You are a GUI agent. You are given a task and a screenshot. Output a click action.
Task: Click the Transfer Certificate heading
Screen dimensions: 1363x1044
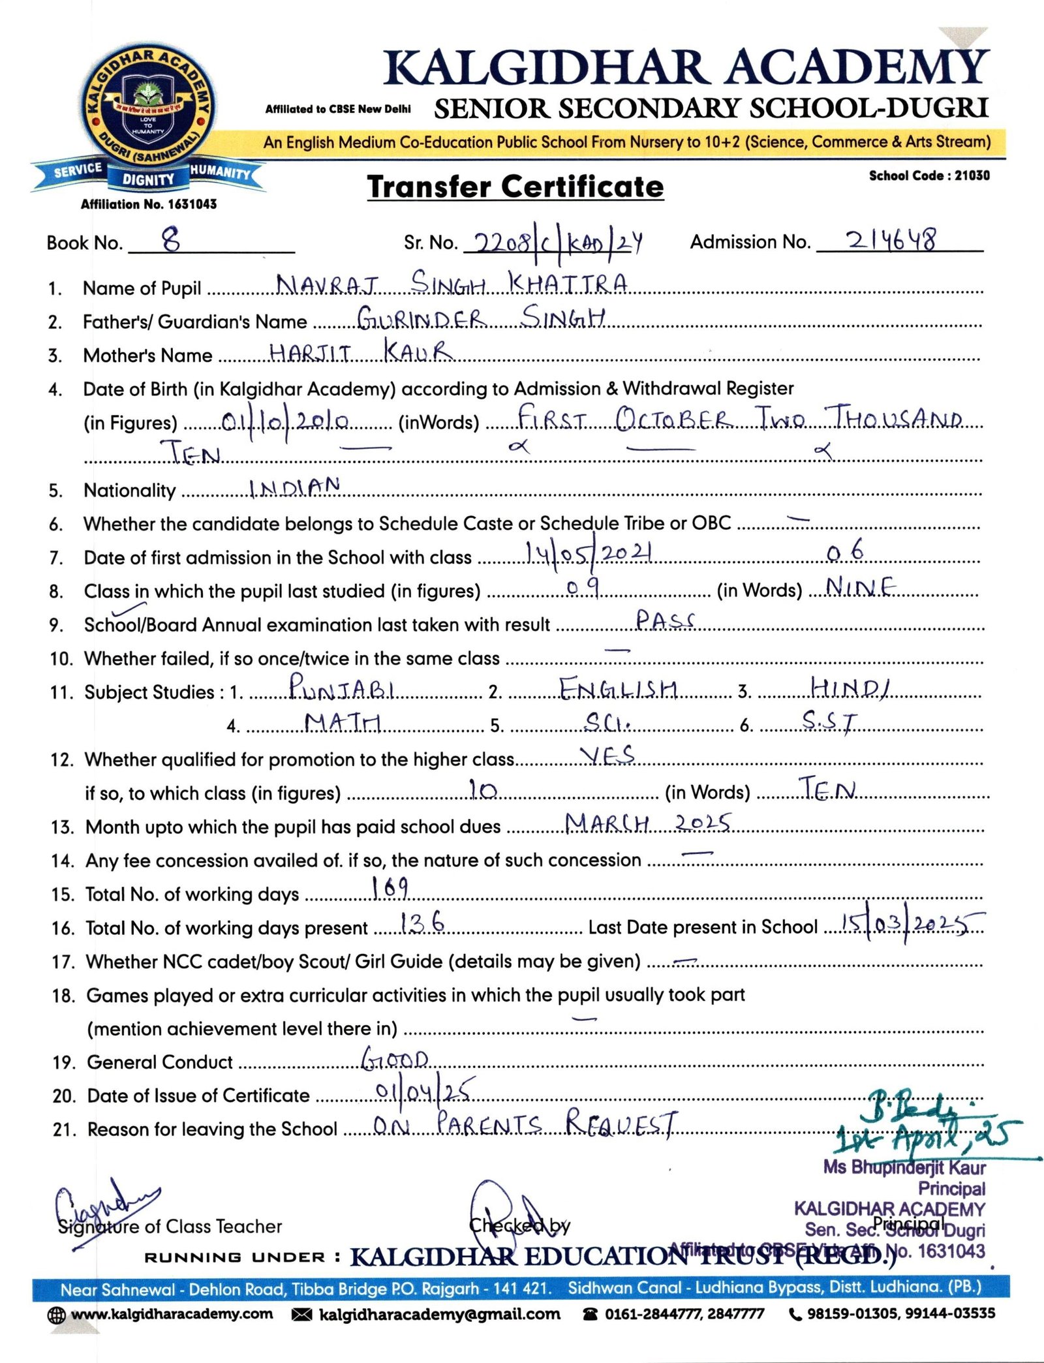[515, 187]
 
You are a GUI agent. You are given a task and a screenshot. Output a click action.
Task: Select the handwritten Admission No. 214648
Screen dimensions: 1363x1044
[891, 241]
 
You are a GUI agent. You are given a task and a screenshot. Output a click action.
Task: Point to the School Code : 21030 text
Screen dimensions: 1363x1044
[929, 176]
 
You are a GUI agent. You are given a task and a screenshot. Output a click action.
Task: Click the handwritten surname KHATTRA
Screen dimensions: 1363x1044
[568, 284]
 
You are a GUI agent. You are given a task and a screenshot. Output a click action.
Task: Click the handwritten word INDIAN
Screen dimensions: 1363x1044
[294, 487]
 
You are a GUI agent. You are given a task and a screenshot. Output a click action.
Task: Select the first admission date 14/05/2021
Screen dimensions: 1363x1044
[589, 554]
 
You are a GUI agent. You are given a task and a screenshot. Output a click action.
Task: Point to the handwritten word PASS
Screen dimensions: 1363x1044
[665, 620]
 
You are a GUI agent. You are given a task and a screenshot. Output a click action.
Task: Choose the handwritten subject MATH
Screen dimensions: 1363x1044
[343, 722]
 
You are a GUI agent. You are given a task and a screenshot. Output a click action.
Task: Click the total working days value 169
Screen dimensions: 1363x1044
[390, 887]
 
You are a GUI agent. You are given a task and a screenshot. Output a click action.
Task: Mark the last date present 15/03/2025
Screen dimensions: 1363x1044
[912, 923]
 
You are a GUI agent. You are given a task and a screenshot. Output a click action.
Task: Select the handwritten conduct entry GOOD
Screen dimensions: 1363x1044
[395, 1058]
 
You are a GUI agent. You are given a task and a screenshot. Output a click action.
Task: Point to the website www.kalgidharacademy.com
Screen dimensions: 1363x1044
[172, 1313]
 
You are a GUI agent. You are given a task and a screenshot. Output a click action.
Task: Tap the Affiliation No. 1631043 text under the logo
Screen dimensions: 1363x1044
[148, 204]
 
